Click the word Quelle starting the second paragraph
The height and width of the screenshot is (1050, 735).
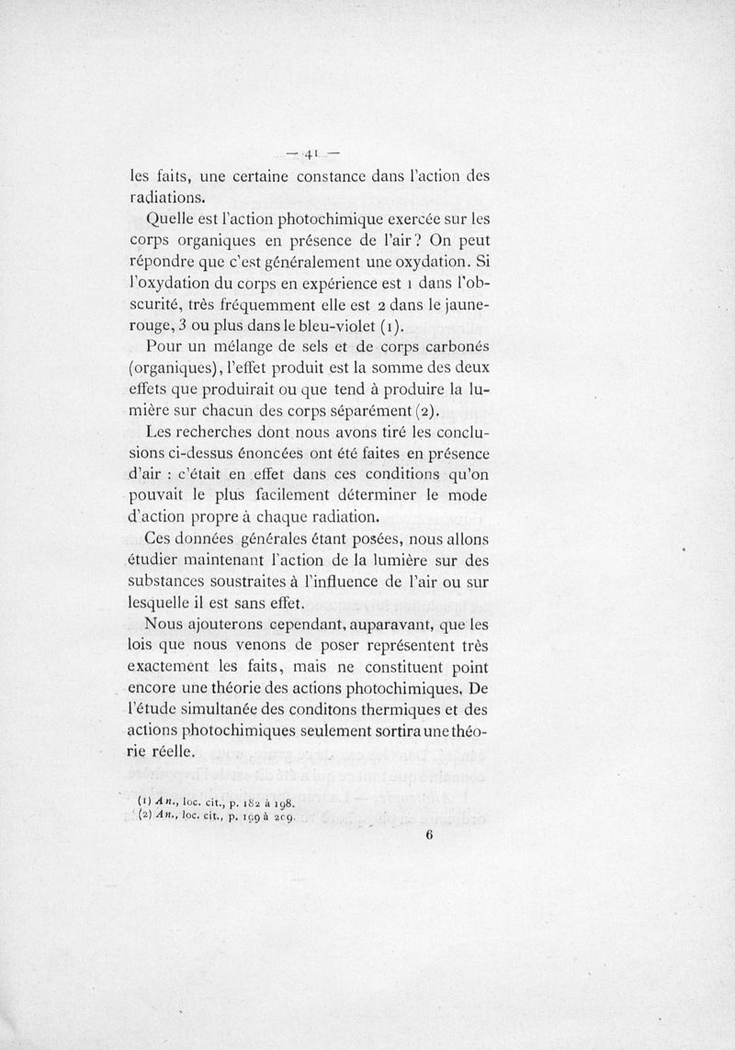click(171, 220)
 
